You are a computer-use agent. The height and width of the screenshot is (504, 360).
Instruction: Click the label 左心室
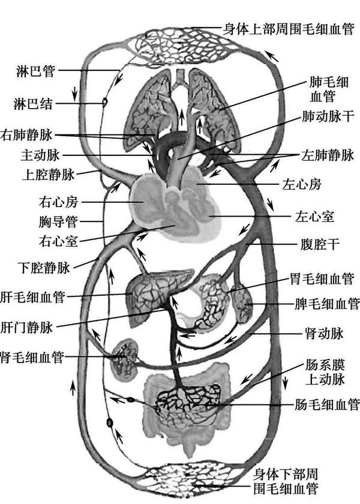(x=314, y=214)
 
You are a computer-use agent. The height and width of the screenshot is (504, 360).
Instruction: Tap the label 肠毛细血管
(x=328, y=403)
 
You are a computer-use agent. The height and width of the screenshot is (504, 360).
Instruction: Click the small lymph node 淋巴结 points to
(x=104, y=103)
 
